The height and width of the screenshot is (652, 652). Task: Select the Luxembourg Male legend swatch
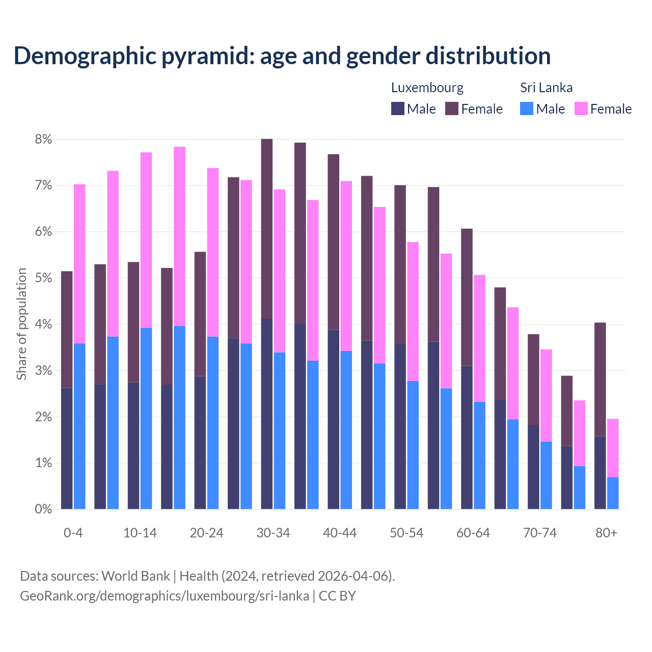pos(398,108)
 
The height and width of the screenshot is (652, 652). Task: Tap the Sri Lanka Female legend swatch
pos(581,108)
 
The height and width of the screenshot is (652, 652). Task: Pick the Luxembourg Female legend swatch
pos(452,108)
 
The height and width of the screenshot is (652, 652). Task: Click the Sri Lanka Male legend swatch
pos(527,108)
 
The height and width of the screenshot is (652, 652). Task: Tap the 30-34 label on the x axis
pos(273,533)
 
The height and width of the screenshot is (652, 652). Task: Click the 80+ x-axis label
pos(606,533)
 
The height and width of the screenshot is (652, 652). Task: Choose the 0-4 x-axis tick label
pos(73,533)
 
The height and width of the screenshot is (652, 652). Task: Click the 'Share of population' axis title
pos(21,324)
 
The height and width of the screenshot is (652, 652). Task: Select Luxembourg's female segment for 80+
pos(600,379)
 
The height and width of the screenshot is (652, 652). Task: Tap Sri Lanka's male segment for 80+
pos(613,493)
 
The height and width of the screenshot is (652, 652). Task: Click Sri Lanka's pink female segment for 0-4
pos(79,264)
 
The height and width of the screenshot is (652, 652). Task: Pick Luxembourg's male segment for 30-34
pos(266,414)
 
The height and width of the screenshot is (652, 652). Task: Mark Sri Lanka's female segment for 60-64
pos(479,338)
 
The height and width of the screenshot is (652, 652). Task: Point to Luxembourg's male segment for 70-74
pos(533,467)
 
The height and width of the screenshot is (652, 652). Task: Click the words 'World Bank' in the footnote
pos(135,576)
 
